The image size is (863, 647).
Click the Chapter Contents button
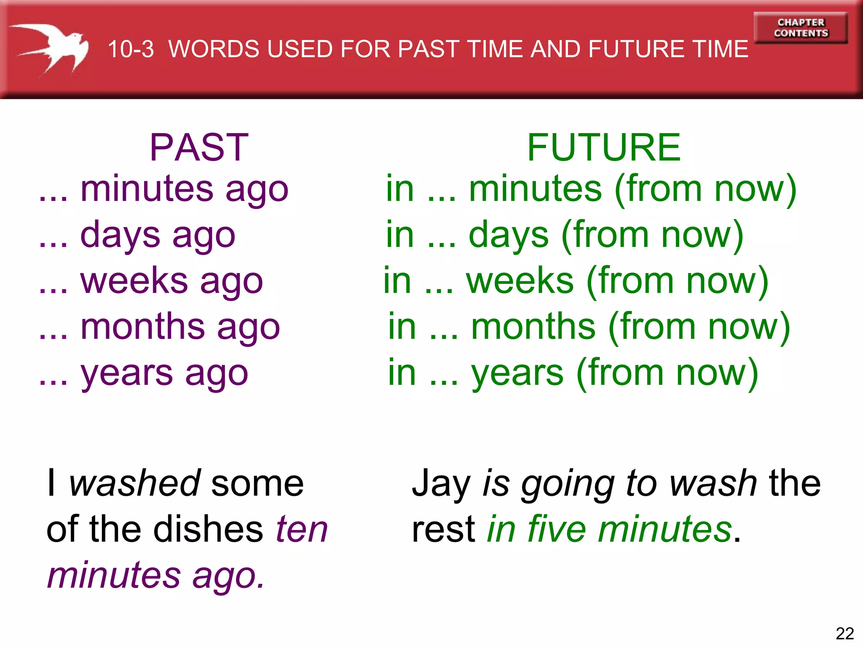coord(801,28)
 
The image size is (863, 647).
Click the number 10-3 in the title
coord(131,49)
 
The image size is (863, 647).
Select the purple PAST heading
coord(199,147)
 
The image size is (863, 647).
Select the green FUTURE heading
coord(603,147)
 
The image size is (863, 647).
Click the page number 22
coord(844,633)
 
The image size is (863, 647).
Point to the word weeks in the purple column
coord(134,281)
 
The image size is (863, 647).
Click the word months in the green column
coord(533,327)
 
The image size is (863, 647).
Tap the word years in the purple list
coord(126,374)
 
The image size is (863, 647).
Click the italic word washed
coord(135,483)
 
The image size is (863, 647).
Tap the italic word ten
coord(302,529)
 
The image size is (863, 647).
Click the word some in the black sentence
coord(257,484)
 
